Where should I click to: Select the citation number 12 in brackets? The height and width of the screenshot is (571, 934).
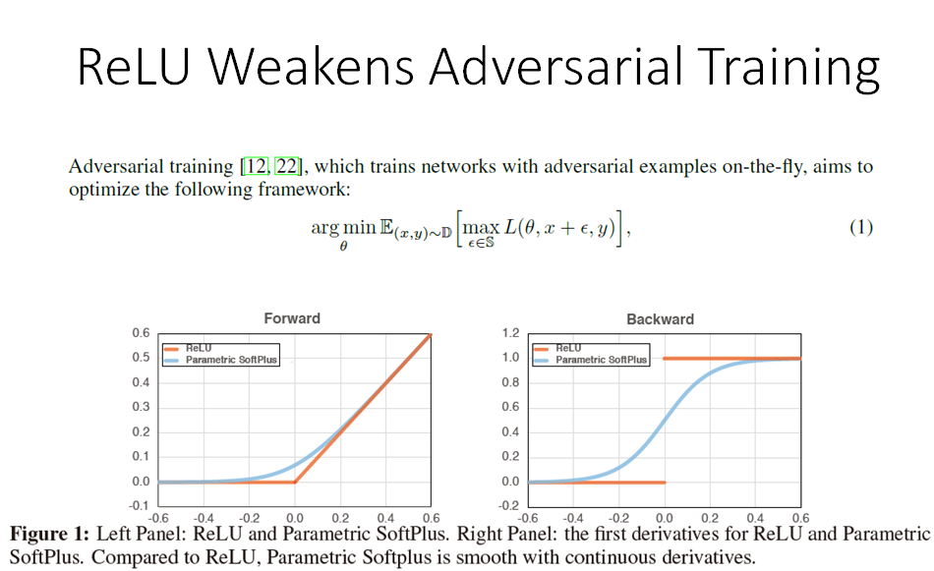(x=255, y=167)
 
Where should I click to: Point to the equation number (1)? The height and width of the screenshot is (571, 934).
(x=860, y=227)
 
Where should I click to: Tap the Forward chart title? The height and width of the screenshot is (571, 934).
(x=292, y=318)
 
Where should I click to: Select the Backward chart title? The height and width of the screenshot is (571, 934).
(x=660, y=318)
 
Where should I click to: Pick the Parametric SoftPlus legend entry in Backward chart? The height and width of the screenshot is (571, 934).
(x=601, y=360)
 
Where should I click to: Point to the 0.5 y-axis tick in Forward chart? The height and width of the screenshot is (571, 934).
(x=142, y=358)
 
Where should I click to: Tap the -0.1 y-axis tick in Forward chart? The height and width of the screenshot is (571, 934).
(x=140, y=506)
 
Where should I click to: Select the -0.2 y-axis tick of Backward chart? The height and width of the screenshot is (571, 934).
(x=510, y=506)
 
